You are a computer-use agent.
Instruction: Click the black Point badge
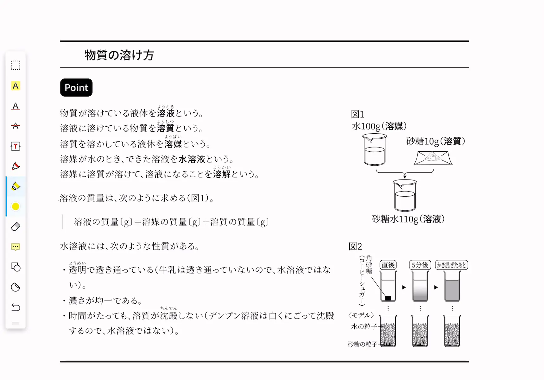pyautogui.click(x=76, y=87)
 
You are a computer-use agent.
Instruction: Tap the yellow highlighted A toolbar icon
pyautogui.click(x=16, y=86)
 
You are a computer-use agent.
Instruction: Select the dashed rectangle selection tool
pyautogui.click(x=16, y=65)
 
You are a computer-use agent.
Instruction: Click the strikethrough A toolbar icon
pyautogui.click(x=16, y=126)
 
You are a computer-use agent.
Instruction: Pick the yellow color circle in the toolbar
pyautogui.click(x=16, y=206)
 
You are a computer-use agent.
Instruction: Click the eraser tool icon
pyautogui.click(x=16, y=226)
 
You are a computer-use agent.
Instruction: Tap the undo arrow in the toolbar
pyautogui.click(x=16, y=307)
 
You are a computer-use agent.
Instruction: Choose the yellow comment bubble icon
pyautogui.click(x=16, y=247)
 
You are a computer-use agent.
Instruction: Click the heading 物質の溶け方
pyautogui.click(x=119, y=55)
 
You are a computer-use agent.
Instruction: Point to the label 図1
pyautogui.click(x=357, y=114)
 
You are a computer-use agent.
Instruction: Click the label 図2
pyautogui.click(x=355, y=246)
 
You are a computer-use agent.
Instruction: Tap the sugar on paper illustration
pyautogui.click(x=433, y=158)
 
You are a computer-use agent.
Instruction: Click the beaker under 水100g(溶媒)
pyautogui.click(x=375, y=149)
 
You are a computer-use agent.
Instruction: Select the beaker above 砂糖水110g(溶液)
pyautogui.click(x=405, y=195)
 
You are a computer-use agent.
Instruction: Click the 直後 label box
pyautogui.click(x=388, y=265)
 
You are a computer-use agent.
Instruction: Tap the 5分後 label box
pyautogui.click(x=420, y=265)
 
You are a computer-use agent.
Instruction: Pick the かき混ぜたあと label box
pyautogui.click(x=452, y=265)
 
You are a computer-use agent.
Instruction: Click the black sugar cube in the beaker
pyautogui.click(x=388, y=298)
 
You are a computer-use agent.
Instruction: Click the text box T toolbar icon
pyautogui.click(x=16, y=146)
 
